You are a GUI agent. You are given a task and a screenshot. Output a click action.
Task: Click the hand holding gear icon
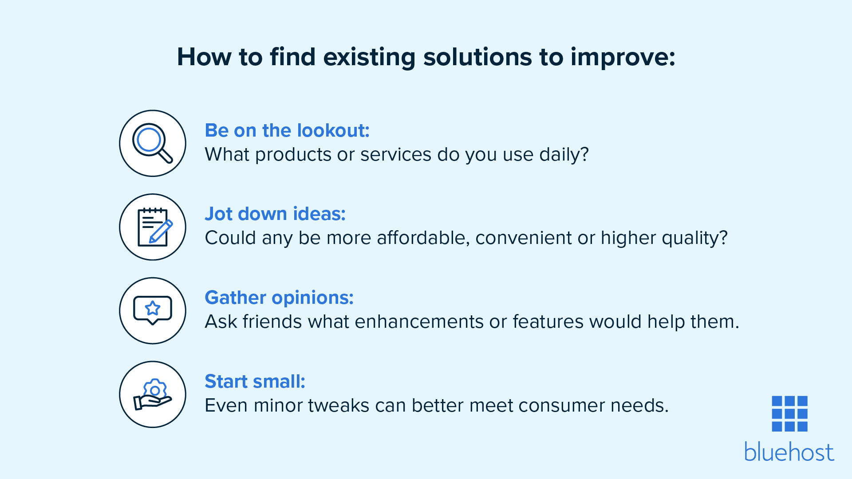(x=153, y=394)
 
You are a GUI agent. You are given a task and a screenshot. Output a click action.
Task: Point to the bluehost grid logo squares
(x=789, y=413)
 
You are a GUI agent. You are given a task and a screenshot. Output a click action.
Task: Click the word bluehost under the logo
(x=789, y=452)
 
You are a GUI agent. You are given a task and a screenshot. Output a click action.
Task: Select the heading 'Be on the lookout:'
(x=287, y=130)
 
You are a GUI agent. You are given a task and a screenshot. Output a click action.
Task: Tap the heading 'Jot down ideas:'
(x=275, y=214)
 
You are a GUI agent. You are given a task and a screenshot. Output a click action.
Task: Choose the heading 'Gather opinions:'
(x=279, y=298)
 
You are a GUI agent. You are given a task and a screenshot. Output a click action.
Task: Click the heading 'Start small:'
(x=255, y=381)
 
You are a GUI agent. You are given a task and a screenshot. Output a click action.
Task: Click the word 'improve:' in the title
(x=623, y=57)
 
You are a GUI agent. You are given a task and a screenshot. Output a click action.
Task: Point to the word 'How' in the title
(x=204, y=57)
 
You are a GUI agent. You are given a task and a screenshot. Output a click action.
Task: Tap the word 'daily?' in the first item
(x=564, y=154)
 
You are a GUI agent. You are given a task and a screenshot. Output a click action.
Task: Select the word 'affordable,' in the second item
(x=423, y=238)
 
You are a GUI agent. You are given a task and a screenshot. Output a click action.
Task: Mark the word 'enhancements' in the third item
(x=419, y=322)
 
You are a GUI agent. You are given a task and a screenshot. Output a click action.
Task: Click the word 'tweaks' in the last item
(x=339, y=405)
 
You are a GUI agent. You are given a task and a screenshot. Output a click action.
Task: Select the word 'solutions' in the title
(x=477, y=57)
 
